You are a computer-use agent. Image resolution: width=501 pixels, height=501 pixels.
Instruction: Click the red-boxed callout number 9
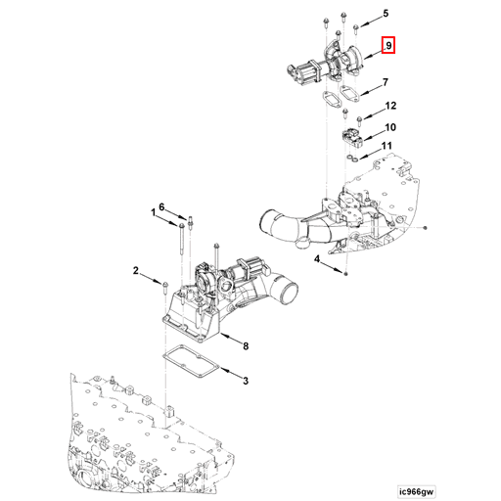(388, 45)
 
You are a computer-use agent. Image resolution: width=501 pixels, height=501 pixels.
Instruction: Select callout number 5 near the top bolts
(386, 14)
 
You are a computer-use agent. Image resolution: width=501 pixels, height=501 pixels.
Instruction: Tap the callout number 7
(387, 83)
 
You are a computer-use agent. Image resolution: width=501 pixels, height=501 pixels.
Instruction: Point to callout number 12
(389, 106)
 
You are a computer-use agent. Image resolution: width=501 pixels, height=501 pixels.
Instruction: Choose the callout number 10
(389, 127)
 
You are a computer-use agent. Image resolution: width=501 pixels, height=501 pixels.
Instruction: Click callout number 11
(387, 147)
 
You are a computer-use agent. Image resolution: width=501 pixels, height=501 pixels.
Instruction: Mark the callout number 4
(318, 259)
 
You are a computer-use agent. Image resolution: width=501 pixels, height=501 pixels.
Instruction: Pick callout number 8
(246, 345)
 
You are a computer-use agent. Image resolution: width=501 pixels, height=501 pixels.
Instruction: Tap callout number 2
(137, 271)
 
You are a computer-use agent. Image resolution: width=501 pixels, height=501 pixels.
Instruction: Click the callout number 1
(153, 211)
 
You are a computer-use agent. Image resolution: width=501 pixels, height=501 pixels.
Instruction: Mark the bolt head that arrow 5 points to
(358, 26)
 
